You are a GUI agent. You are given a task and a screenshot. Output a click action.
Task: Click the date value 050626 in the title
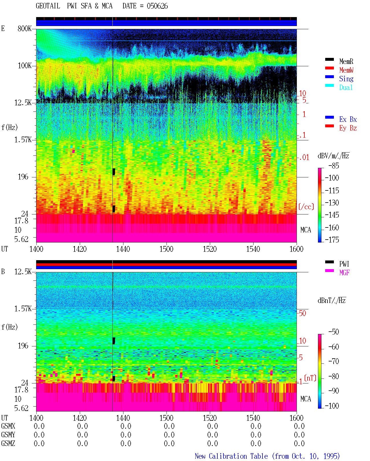click(157, 6)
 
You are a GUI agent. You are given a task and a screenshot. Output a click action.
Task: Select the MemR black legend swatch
click(329, 59)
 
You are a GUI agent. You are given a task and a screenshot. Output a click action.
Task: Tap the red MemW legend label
click(346, 70)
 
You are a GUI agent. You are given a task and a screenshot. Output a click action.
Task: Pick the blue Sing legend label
click(346, 79)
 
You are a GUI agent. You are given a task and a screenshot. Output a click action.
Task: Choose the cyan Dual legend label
click(346, 87)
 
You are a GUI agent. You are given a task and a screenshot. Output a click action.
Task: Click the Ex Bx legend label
click(348, 119)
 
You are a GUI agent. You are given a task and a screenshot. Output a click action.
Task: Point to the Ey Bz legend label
click(348, 128)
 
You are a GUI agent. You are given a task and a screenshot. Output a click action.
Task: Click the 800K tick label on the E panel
click(25, 28)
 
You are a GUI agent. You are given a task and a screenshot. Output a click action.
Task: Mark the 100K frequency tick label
click(25, 66)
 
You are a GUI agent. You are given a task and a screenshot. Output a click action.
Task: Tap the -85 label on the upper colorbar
click(334, 166)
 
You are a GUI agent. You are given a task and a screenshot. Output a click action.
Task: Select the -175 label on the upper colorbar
click(332, 240)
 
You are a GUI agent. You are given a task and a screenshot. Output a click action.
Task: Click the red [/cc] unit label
click(306, 207)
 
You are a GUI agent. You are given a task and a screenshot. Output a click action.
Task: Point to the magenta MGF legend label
click(344, 273)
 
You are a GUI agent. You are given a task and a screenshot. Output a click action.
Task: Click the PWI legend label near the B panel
click(344, 264)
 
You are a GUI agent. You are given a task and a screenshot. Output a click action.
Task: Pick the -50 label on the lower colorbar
click(334, 332)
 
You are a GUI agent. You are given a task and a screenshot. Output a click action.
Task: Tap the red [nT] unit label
click(310, 378)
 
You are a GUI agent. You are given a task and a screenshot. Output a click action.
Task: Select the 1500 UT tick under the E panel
click(166, 249)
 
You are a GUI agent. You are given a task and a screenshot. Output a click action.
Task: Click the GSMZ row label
click(8, 443)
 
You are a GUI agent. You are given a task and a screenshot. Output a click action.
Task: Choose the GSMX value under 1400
click(39, 426)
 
